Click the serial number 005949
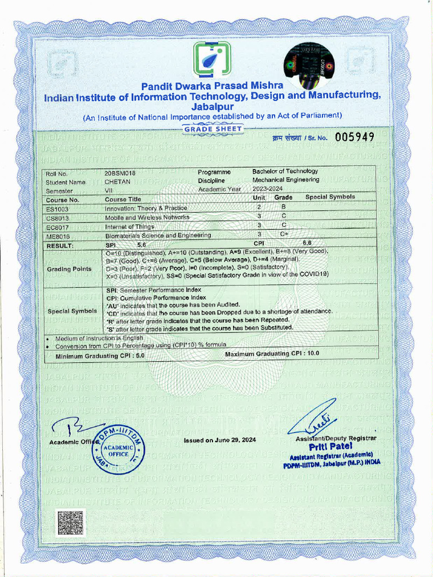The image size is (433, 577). (354, 137)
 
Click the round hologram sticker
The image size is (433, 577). (308, 62)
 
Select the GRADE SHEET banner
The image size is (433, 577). (213, 129)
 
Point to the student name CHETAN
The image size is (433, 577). (117, 181)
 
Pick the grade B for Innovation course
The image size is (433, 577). (284, 208)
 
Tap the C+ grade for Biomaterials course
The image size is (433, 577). (284, 235)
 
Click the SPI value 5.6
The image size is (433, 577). (142, 245)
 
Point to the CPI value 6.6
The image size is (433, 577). (307, 242)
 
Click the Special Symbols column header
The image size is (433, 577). (330, 197)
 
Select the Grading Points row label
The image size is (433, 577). (69, 269)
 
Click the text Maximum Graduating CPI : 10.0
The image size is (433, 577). (272, 353)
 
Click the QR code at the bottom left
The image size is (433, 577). (70, 522)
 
